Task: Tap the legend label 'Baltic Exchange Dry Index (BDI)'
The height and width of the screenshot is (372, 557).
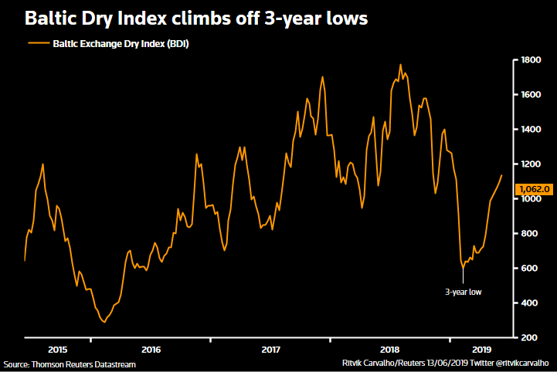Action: point(121,44)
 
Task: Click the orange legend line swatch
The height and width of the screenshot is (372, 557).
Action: point(38,44)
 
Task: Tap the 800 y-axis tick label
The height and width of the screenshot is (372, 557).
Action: point(530,234)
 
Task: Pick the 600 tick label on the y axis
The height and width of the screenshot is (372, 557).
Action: point(530,269)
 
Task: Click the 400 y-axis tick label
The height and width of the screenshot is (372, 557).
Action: point(530,303)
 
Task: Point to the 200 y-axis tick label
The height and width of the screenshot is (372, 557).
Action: point(530,338)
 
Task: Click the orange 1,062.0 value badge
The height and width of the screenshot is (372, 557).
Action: point(535,188)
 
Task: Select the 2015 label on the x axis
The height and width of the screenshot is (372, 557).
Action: point(58,350)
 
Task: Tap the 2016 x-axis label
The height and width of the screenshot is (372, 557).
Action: point(151,350)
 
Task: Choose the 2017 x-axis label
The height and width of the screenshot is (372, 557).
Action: point(270,350)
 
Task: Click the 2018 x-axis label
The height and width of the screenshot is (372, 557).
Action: point(390,350)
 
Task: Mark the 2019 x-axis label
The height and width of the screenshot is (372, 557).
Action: point(482,350)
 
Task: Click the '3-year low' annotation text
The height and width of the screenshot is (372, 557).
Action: point(463,293)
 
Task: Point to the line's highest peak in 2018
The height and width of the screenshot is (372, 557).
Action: point(400,65)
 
